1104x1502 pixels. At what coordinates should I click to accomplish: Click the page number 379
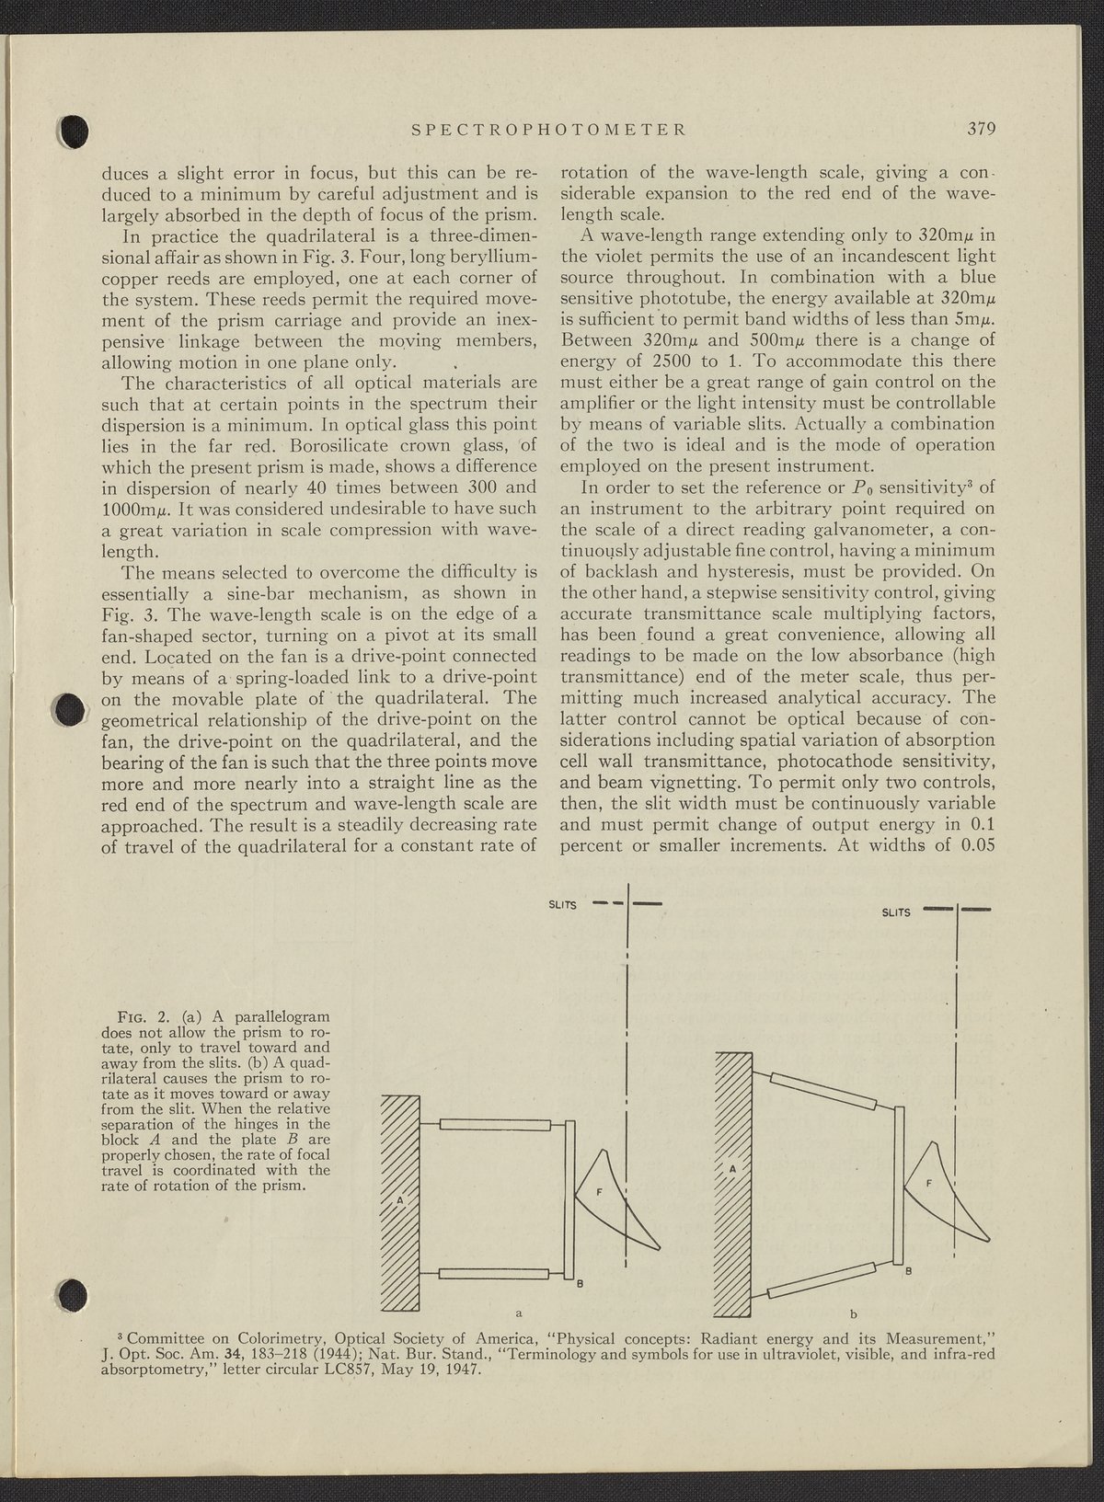click(982, 129)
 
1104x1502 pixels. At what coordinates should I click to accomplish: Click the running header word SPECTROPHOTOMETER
click(548, 130)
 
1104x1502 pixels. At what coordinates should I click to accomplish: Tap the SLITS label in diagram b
click(896, 912)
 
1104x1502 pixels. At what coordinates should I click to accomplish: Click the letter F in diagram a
click(599, 1192)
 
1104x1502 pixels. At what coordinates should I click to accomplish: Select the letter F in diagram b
click(929, 1182)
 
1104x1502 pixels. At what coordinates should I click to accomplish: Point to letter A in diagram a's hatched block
click(400, 1200)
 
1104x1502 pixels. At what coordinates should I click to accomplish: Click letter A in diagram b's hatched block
click(733, 1170)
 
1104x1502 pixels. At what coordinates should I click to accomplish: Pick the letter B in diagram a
click(580, 1284)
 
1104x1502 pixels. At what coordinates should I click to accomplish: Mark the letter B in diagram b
click(909, 1271)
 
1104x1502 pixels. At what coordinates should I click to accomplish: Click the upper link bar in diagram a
click(494, 1125)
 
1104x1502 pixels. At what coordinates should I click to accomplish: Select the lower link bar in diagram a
click(494, 1274)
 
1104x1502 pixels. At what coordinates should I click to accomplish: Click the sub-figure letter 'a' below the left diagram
click(520, 1313)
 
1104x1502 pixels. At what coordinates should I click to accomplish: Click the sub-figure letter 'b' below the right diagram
click(854, 1313)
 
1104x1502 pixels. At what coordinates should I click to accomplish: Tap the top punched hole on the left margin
click(74, 133)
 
